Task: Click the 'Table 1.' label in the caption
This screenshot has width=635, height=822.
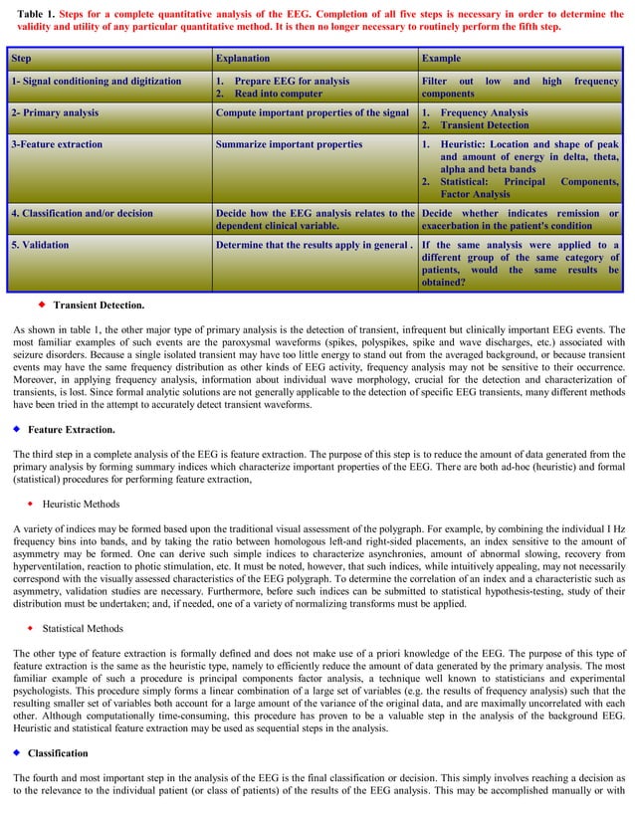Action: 36,14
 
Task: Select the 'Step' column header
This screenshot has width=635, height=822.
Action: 22,59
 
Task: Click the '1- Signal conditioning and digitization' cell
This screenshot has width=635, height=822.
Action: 96,81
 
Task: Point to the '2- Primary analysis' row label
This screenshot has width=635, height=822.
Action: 55,112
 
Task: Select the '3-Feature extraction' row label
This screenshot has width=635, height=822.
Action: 57,144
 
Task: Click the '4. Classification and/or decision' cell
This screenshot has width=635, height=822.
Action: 82,213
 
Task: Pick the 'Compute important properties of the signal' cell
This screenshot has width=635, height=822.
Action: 312,112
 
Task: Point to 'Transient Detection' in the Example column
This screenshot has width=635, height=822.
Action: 485,125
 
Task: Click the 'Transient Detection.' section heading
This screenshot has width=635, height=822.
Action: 99,305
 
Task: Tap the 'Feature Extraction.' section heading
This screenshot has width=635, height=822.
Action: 71,429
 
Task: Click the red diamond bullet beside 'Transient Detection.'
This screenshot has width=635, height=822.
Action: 42,304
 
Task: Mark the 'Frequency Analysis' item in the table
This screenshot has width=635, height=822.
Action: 484,112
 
